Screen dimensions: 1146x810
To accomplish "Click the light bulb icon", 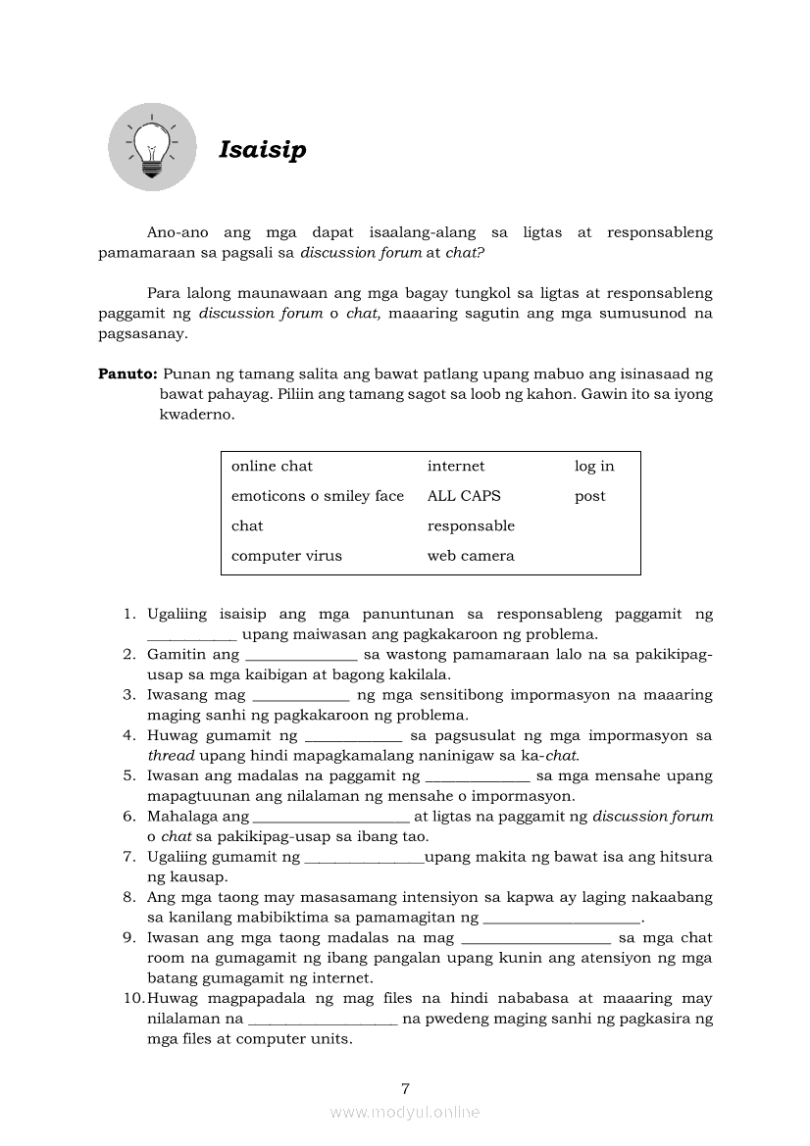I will pyautogui.click(x=151, y=147).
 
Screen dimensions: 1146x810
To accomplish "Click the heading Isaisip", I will pyautogui.click(x=262, y=150).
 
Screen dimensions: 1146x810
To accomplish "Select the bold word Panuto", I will pyautogui.click(x=127, y=374).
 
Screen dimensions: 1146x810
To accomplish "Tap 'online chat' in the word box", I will pyautogui.click(x=272, y=467).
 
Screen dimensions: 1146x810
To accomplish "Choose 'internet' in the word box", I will pyautogui.click(x=455, y=467).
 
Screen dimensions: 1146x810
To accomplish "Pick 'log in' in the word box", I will pyautogui.click(x=594, y=467).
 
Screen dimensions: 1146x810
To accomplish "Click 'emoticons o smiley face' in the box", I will pyautogui.click(x=317, y=496).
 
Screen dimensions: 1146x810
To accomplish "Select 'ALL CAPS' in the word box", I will pyautogui.click(x=464, y=496).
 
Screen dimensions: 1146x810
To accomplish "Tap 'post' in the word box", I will pyautogui.click(x=589, y=497).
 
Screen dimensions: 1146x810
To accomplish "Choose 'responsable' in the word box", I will pyautogui.click(x=471, y=526).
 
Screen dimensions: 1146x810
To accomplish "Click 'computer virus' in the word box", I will pyautogui.click(x=286, y=556).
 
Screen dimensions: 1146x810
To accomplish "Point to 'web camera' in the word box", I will pyautogui.click(x=470, y=556).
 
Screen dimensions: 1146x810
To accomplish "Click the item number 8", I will pyautogui.click(x=128, y=897).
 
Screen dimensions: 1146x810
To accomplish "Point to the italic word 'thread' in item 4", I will pyautogui.click(x=172, y=756).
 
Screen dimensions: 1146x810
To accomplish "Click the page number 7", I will pyautogui.click(x=405, y=1088).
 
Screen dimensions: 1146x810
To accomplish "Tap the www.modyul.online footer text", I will pyautogui.click(x=405, y=1113).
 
